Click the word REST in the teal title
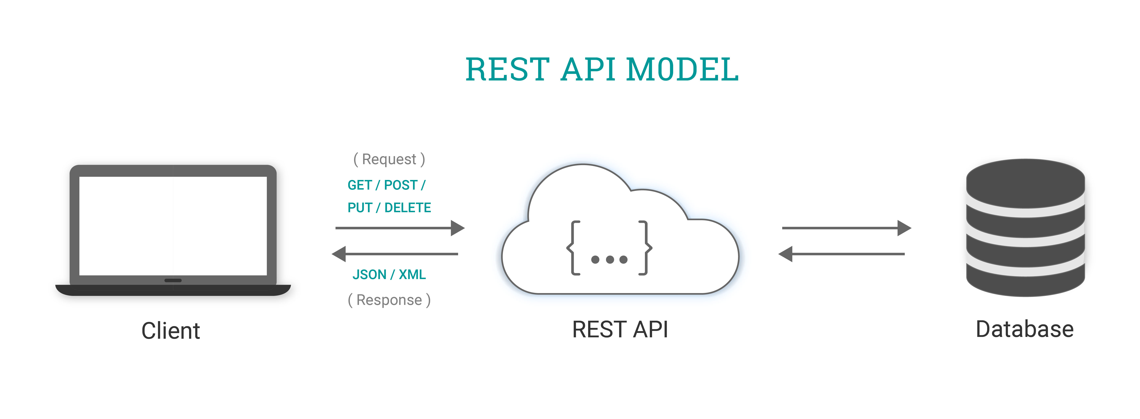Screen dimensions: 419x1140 pos(508,70)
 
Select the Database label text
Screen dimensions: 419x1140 pos(1024,330)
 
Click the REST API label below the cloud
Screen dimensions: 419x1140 pos(620,330)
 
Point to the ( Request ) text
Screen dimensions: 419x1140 pos(389,159)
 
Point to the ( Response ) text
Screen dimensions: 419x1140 pos(389,300)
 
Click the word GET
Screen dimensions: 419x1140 pos(359,185)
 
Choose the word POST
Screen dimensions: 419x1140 pos(401,185)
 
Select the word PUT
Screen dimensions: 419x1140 pos(359,208)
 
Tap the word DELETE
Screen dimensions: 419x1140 pos(408,208)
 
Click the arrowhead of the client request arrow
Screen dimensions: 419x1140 pos(458,228)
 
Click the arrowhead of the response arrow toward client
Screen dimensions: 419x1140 pos(339,254)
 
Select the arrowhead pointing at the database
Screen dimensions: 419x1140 pos(904,228)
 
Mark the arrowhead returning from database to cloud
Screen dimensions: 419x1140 pos(786,254)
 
